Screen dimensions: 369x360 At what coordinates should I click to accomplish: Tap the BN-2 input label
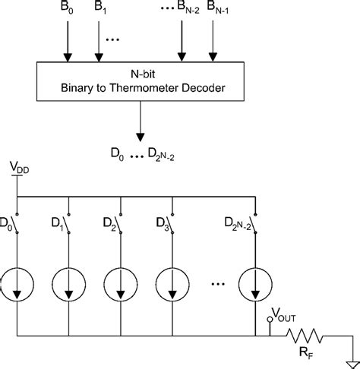185,10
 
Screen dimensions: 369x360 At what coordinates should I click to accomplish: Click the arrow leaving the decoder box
140,126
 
